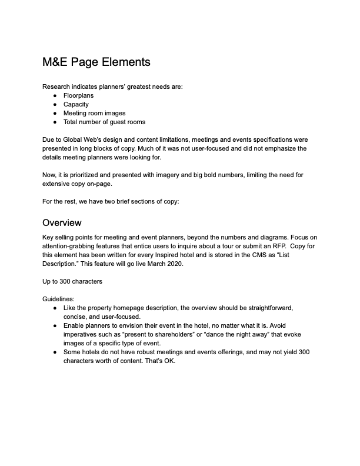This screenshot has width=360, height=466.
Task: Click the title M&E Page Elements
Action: pos(96,62)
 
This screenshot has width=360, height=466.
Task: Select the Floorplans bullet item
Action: pos(78,95)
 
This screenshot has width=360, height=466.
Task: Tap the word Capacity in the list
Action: pos(76,104)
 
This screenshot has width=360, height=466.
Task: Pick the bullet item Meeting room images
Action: pos(94,113)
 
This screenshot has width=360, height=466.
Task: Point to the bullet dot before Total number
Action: pos(55,122)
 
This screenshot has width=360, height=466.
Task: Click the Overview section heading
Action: pos(62,223)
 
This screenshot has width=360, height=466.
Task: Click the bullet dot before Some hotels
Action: pos(55,352)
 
